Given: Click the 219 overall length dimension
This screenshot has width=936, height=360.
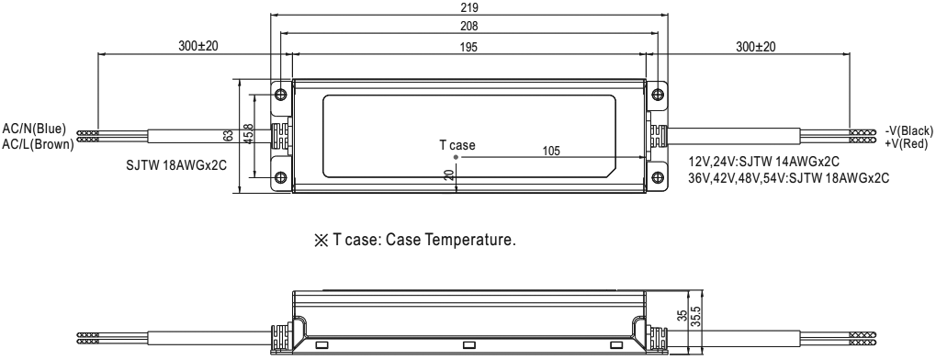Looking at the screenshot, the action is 469,7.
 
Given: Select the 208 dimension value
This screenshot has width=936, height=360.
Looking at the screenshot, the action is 469,27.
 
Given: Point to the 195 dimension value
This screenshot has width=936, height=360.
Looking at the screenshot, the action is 469,48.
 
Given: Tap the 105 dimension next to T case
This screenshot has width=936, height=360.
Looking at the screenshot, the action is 551,151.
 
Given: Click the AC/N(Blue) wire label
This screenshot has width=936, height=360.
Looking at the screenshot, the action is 34,129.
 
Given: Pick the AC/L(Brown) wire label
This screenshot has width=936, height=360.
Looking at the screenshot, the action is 39,144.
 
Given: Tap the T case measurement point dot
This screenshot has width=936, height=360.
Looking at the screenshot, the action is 457,158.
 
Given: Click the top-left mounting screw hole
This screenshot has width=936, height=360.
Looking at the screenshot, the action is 281,95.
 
